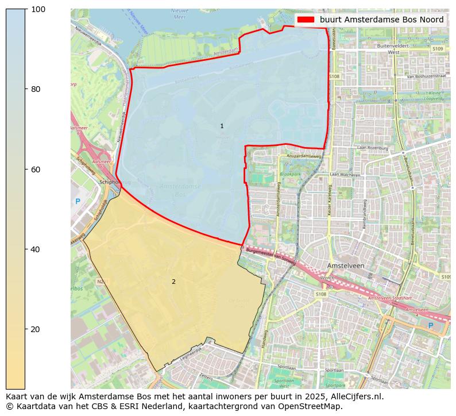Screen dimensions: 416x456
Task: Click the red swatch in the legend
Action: [x=306, y=20]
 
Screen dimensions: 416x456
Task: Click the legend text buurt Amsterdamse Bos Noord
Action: [x=381, y=20]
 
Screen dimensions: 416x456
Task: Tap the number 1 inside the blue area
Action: [x=222, y=126]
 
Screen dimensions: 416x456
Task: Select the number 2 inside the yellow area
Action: [x=173, y=282]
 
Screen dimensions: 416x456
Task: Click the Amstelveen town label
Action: [x=346, y=266]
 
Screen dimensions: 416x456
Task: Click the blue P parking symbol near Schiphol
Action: [x=78, y=202]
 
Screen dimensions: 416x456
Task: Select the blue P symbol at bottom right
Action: [x=430, y=326]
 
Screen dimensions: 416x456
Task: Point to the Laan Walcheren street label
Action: [x=345, y=175]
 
